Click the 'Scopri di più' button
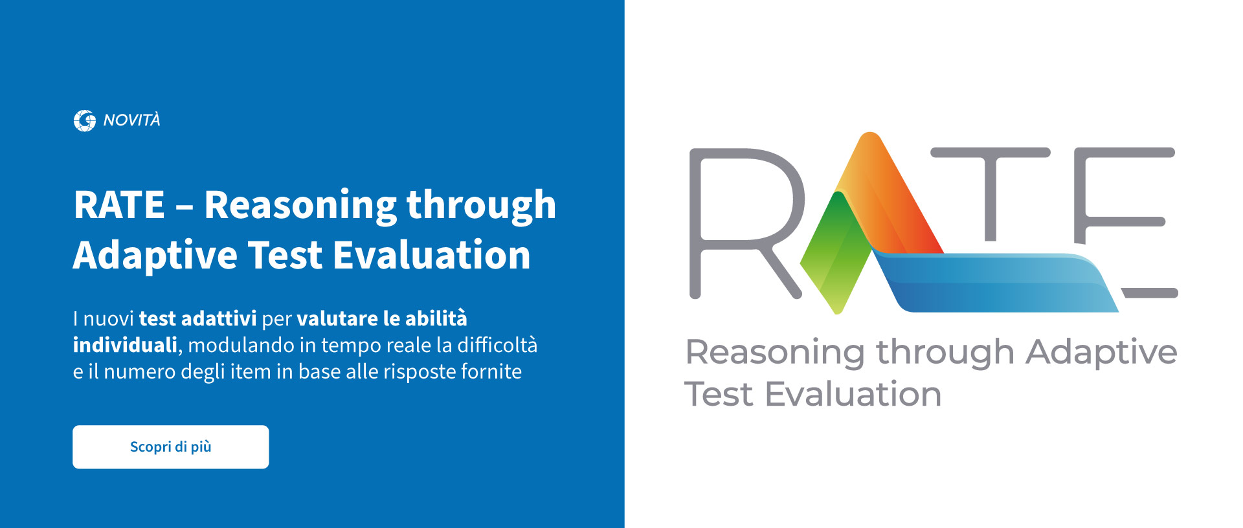tap(170, 446)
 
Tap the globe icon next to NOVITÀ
tap(84, 120)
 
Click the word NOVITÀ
tap(131, 120)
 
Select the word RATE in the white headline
tap(119, 204)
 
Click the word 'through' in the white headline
tap(481, 206)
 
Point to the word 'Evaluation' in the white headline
tap(432, 254)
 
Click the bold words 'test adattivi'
tap(197, 318)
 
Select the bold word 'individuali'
tap(125, 345)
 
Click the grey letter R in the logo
tap(745, 223)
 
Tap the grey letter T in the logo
tap(990, 194)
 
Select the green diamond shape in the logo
tap(836, 252)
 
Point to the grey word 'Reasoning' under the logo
tap(775, 353)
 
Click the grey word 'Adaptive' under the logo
tap(1101, 353)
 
